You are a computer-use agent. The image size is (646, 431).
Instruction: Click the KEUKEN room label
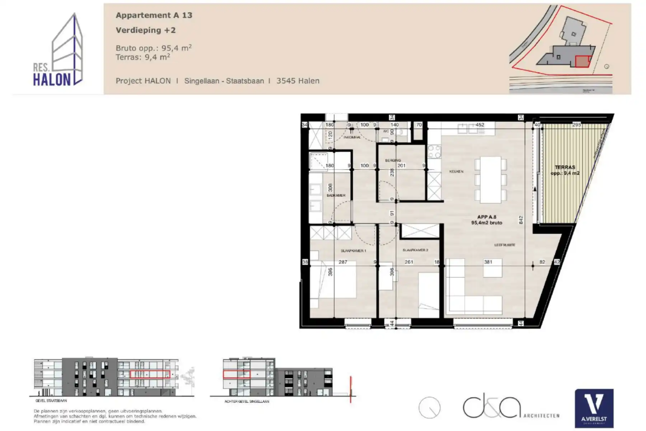(456, 172)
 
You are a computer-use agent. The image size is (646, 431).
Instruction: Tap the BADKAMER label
(336, 195)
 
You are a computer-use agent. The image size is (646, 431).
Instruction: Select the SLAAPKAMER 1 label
(353, 251)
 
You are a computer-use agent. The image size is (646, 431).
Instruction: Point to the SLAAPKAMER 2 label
(415, 250)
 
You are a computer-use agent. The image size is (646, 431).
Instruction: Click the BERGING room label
(393, 161)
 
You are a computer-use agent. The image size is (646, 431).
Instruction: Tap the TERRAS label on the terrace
(565, 167)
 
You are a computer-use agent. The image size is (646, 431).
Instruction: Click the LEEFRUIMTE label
(505, 245)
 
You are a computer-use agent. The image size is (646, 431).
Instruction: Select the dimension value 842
(521, 220)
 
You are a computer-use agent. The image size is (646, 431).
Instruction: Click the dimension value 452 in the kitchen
(480, 125)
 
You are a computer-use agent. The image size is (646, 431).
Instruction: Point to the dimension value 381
(488, 262)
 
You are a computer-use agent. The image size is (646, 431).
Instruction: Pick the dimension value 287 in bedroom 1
(343, 262)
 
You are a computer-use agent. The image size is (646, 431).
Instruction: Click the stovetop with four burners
(434, 152)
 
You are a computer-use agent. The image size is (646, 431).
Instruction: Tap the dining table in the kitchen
(490, 180)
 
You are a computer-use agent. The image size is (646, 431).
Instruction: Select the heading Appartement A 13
(154, 15)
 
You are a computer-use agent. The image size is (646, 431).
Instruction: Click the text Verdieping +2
(146, 30)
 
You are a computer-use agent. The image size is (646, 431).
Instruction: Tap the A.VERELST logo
(594, 408)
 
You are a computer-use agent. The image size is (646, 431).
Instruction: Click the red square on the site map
(582, 62)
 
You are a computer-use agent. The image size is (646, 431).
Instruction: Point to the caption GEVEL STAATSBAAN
(51, 400)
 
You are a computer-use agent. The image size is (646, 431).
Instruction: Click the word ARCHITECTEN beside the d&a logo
(541, 416)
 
